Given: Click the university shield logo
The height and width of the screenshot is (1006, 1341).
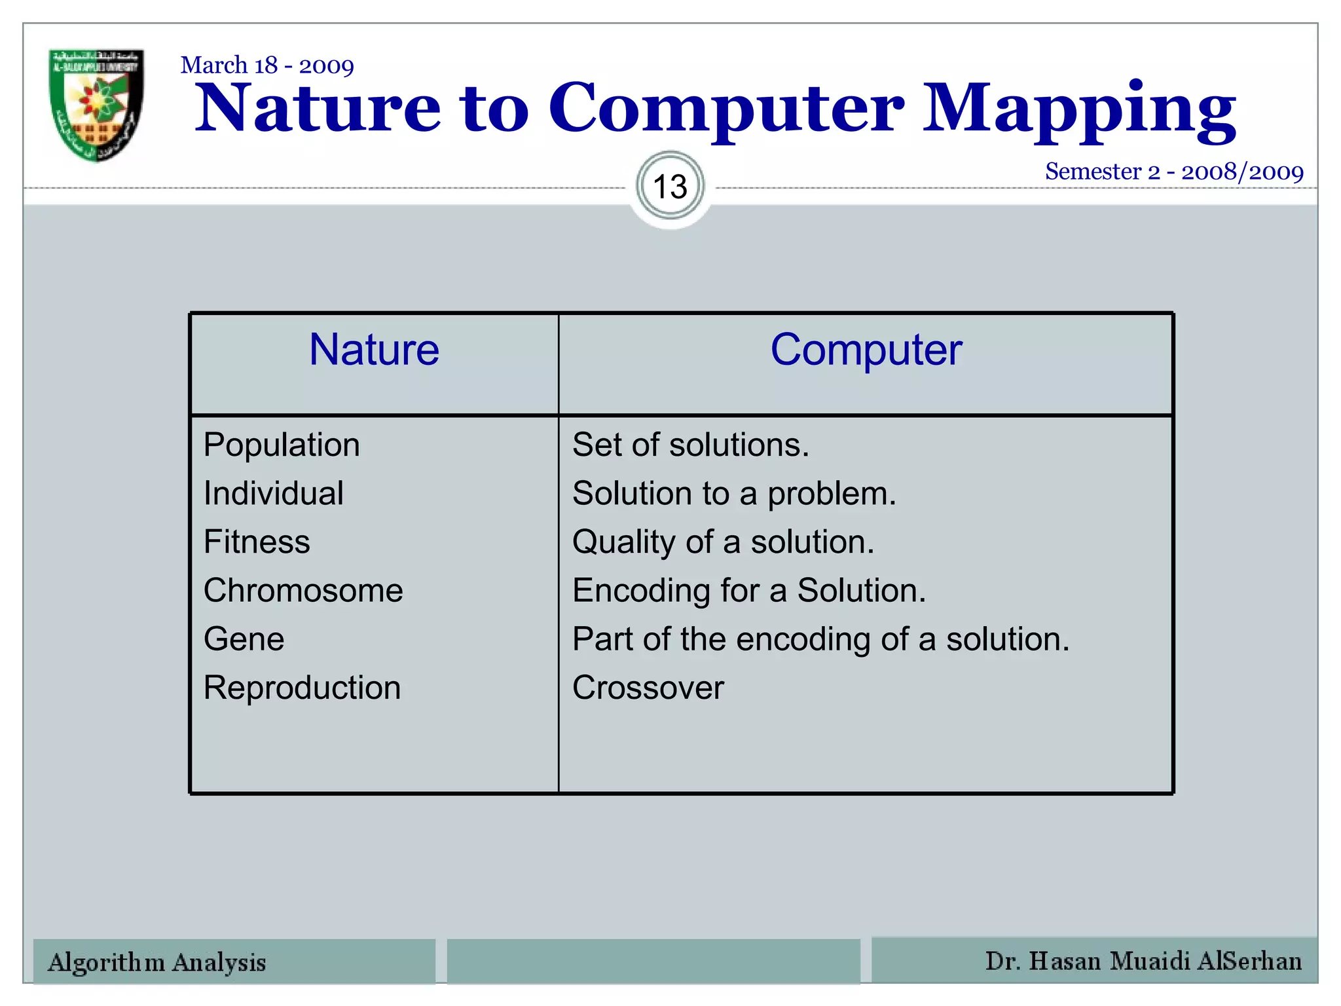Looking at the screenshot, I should point(96,105).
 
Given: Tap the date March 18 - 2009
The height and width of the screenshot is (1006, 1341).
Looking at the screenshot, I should point(267,65).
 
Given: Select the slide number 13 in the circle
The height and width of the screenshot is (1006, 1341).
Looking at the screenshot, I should point(670,187).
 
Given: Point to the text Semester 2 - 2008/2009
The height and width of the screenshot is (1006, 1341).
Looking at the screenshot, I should point(1174,172).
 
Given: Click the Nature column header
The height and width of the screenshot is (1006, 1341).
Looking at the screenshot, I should point(374,350).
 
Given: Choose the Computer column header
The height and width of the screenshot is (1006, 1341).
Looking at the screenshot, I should point(866,350).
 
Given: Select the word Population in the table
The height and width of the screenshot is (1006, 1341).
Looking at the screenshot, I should point(282,445).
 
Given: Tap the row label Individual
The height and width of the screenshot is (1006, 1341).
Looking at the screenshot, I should point(273,494).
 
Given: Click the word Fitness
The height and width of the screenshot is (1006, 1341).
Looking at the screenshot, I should point(257,542).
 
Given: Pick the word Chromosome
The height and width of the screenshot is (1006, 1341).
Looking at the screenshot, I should point(303,591).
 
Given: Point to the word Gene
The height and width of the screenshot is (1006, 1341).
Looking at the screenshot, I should point(244,639).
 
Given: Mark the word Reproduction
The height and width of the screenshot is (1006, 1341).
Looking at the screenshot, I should point(302,688).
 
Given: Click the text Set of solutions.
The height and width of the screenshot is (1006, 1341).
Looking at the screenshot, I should point(691,445).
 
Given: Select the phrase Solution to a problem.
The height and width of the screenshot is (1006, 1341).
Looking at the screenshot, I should point(734,494).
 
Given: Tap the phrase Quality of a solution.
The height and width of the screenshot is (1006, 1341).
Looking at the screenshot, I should point(723,542).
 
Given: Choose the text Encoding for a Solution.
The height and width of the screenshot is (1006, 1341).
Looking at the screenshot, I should point(749,591).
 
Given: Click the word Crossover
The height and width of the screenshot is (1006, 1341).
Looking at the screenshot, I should point(648,688).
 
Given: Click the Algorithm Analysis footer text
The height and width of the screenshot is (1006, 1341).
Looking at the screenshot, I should point(157,963).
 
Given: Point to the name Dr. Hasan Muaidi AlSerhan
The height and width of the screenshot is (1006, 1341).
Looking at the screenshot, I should point(1143,961).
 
